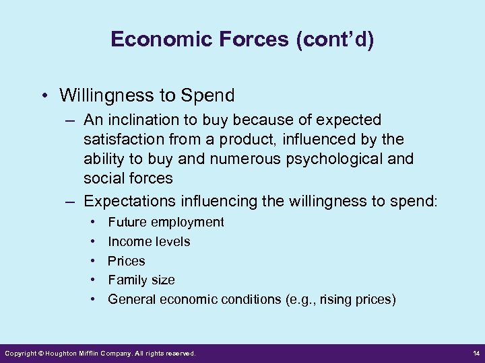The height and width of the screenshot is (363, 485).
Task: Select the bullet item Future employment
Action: point(166,222)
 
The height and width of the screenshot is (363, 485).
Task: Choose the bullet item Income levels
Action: point(149,241)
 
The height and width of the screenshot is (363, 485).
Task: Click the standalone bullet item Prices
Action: point(126,261)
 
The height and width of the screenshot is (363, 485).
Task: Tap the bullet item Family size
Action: point(141,280)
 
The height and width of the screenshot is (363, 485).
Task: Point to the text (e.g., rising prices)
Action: point(344,299)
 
